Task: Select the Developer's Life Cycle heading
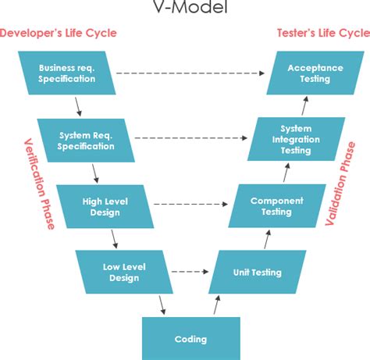[x=58, y=33]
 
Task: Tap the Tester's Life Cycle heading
[x=322, y=33]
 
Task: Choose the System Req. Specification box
[x=86, y=140]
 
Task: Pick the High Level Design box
[x=105, y=206]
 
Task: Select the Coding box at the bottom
[x=190, y=338]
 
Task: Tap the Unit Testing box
[x=257, y=273]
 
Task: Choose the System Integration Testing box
[x=295, y=140]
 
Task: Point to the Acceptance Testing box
[x=315, y=73]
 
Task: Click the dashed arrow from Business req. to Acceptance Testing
[x=194, y=73]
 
